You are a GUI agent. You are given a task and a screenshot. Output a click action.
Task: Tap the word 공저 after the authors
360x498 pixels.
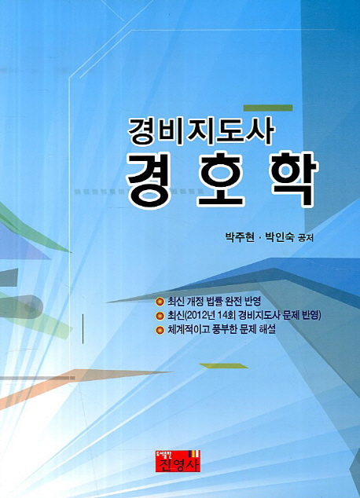click(x=305, y=238)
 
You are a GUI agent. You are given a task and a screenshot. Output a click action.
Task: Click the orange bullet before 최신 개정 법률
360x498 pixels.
click(x=160, y=301)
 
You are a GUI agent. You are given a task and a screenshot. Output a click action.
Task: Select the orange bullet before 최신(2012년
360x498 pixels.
click(x=160, y=316)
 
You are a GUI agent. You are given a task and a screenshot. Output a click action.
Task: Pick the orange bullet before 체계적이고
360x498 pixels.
click(x=160, y=330)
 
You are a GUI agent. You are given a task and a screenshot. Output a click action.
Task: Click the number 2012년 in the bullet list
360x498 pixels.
click(x=197, y=316)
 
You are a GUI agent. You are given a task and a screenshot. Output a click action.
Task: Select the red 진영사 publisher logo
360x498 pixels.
click(x=178, y=461)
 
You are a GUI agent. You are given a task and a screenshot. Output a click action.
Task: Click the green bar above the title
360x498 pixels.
click(x=268, y=108)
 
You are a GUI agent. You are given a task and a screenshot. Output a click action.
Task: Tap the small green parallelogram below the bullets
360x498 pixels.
click(x=224, y=365)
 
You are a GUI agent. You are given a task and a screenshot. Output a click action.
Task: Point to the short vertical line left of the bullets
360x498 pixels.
click(x=83, y=328)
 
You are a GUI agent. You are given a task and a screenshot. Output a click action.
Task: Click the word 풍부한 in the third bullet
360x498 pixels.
click(x=226, y=329)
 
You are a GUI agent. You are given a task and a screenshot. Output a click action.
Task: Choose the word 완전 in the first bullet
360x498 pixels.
click(x=236, y=301)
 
